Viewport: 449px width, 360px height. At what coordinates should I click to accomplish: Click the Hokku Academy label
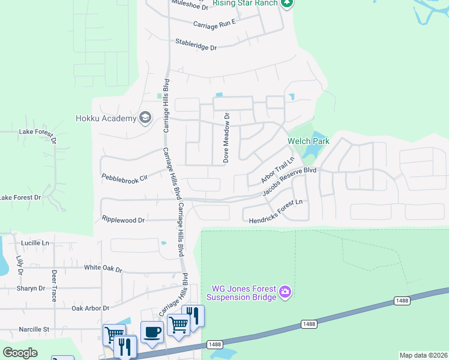(x=106, y=118)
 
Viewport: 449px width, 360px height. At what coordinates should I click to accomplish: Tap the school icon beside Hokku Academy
(x=145, y=117)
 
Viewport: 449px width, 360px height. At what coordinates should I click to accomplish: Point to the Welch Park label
(x=309, y=141)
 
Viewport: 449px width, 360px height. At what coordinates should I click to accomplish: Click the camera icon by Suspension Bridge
(x=285, y=293)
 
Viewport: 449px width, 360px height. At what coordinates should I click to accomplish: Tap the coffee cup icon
(x=152, y=332)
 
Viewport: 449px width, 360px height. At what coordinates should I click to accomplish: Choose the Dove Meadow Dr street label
(x=226, y=139)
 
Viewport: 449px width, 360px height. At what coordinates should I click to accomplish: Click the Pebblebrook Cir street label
(x=124, y=178)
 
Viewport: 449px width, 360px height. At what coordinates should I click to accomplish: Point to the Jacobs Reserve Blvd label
(x=289, y=182)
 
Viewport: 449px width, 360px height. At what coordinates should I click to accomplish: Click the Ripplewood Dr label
(x=124, y=220)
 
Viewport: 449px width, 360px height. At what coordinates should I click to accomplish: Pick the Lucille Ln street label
(x=35, y=243)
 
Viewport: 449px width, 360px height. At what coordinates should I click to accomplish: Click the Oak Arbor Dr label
(x=90, y=308)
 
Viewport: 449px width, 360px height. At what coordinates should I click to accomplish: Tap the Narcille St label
(x=34, y=329)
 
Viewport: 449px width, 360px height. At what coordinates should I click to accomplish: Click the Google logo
(x=20, y=353)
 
